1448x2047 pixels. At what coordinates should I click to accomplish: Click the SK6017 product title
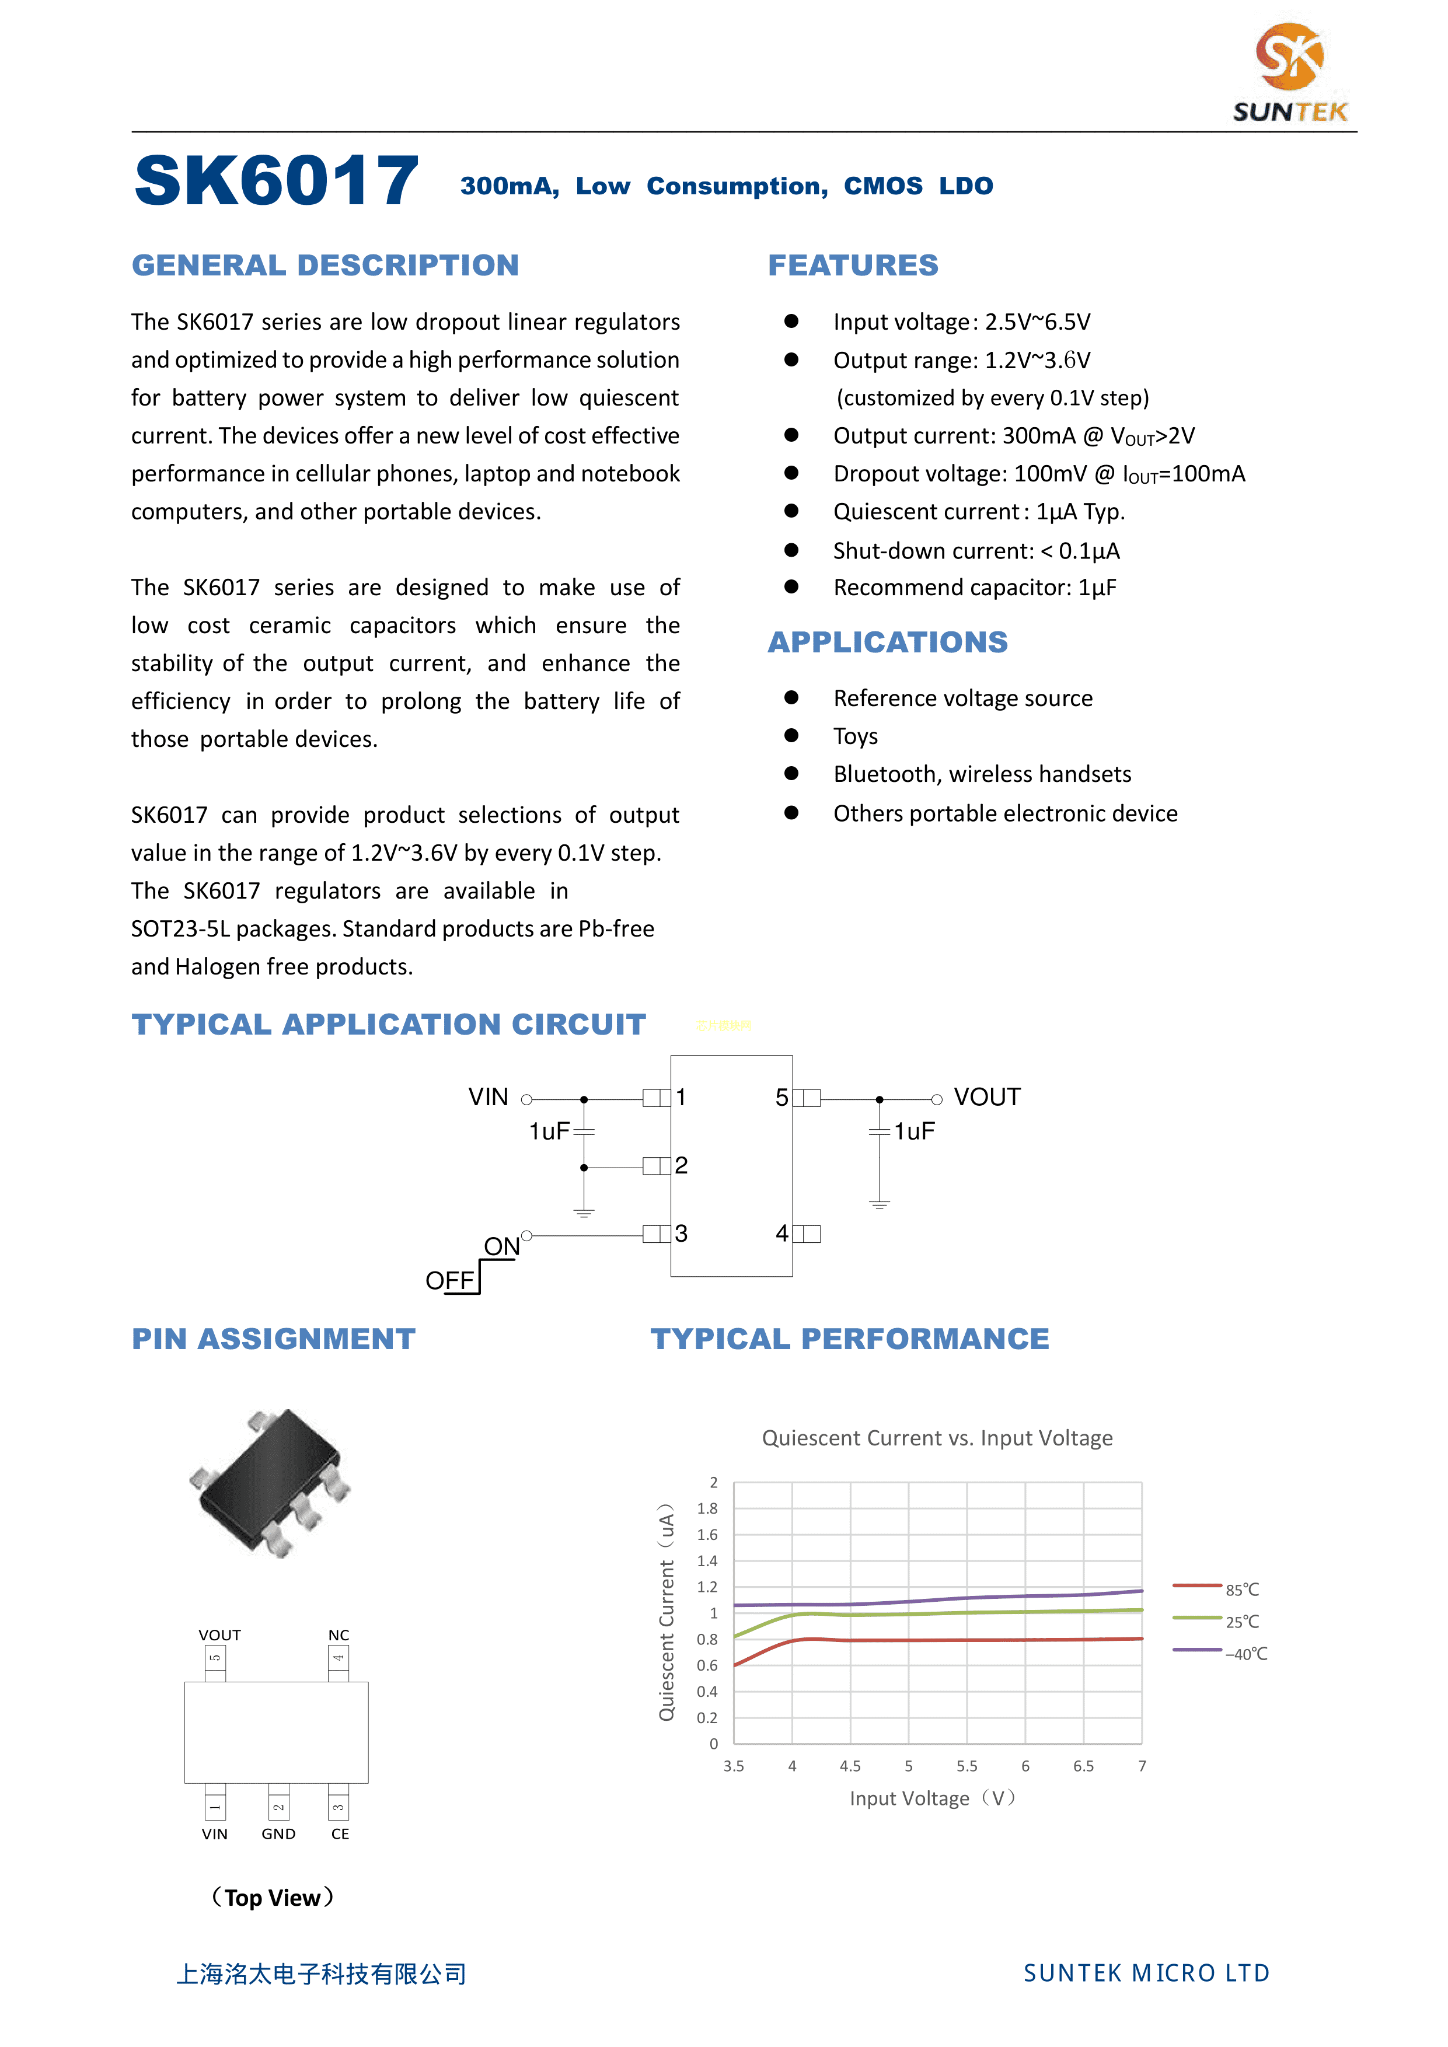point(277,181)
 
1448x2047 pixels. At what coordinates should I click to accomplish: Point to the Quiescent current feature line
point(978,512)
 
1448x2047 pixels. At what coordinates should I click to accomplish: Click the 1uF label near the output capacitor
point(914,1131)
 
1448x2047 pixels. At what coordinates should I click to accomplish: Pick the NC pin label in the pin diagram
point(339,1635)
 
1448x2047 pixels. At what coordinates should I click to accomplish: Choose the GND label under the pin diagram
point(278,1834)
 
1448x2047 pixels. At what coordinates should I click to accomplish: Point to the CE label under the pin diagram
point(340,1834)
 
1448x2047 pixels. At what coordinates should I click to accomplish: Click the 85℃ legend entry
point(1241,1590)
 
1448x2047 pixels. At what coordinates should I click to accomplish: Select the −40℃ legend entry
point(1245,1654)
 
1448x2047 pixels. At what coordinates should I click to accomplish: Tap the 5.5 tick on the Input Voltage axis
point(967,1766)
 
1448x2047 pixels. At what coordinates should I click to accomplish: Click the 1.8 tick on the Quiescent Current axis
point(707,1508)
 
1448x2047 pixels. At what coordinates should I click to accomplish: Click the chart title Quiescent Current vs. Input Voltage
point(937,1438)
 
